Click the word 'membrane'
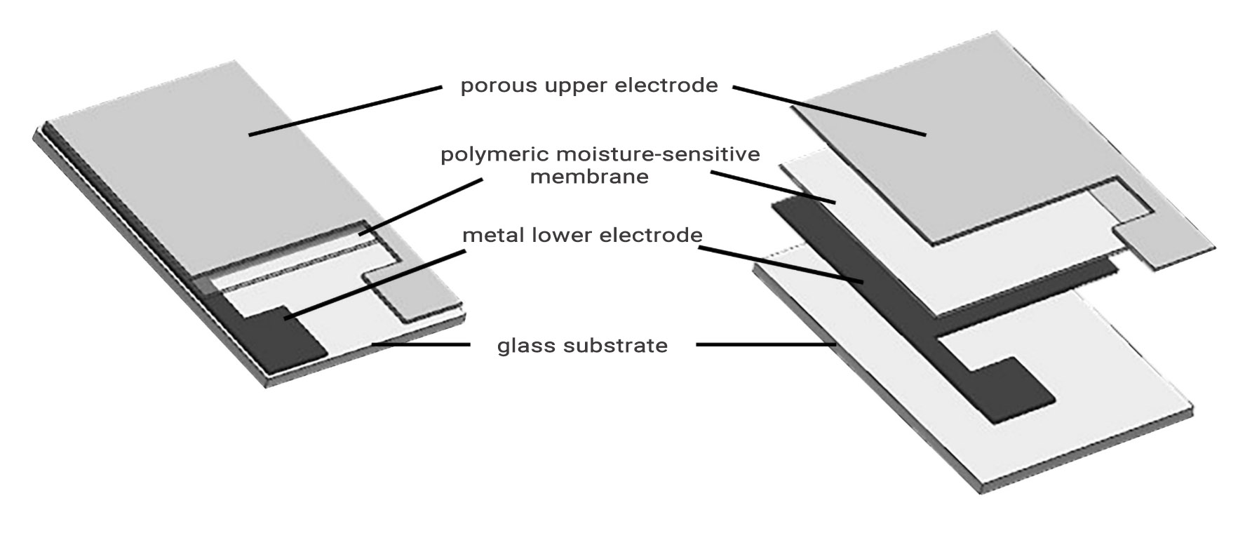(589, 177)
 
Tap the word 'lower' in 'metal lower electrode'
(552, 235)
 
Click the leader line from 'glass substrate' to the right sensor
(765, 344)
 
